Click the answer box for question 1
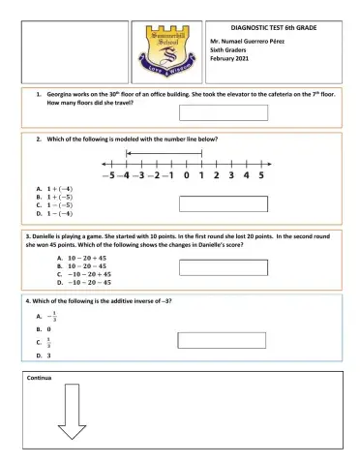(224, 112)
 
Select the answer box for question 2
(224, 203)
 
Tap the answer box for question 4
(224, 339)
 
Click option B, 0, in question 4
(44, 329)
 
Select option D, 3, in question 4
(44, 356)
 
